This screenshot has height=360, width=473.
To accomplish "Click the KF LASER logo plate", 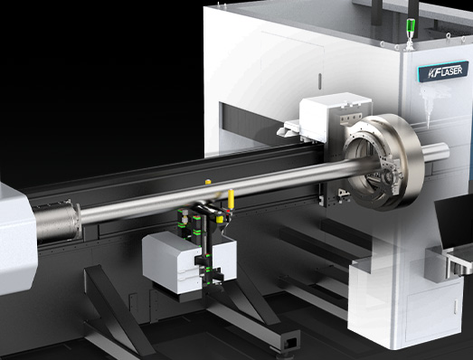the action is click(443, 71).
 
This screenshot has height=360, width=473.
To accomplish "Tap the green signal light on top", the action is click(411, 26).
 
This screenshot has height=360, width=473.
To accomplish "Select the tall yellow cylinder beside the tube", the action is click(231, 199).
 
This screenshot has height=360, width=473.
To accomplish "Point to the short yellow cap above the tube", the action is click(208, 182).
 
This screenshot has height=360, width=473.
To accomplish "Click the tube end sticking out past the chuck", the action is click(436, 152).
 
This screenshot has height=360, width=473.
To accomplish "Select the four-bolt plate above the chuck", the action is click(351, 118).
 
